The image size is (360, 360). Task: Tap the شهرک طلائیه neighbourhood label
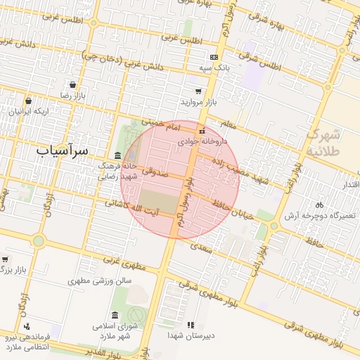(x=325, y=141)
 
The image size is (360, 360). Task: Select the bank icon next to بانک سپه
(x=214, y=57)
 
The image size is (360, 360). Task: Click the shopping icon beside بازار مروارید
(x=199, y=91)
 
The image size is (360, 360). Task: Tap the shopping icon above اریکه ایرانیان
(x=28, y=101)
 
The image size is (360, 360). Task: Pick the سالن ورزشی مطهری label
(x=100, y=281)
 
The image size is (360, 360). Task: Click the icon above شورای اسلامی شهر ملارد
(x=115, y=315)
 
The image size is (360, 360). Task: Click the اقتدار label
(x=348, y=184)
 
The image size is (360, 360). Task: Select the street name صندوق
(x=153, y=169)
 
